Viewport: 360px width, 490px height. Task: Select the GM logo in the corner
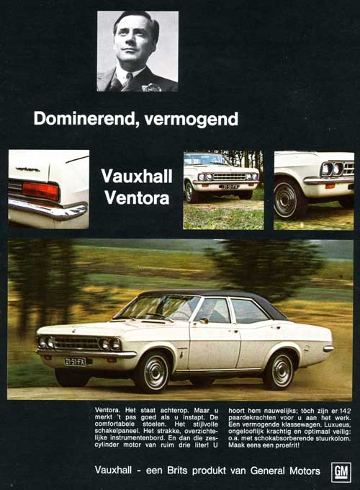click(x=341, y=471)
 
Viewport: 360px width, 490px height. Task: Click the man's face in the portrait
click(x=137, y=40)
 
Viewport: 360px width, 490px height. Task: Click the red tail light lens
click(x=40, y=190)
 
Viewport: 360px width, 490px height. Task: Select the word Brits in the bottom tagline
click(x=182, y=471)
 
